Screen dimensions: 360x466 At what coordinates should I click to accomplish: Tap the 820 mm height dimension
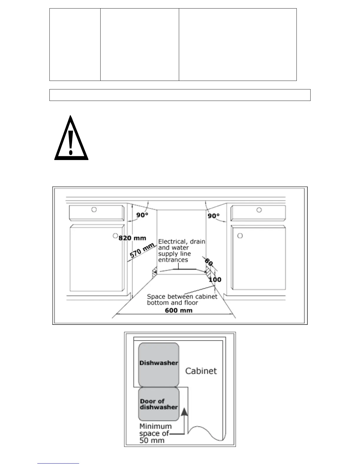tap(132, 238)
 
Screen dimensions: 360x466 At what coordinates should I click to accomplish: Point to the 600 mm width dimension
tap(179, 310)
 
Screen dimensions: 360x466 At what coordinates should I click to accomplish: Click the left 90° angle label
tap(142, 215)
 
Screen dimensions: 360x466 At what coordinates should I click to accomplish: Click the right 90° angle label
tap(214, 216)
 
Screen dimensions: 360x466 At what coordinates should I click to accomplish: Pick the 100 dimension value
tap(215, 279)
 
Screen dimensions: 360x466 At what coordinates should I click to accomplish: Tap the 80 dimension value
tap(209, 262)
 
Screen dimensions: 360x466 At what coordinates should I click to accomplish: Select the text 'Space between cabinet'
tap(182, 297)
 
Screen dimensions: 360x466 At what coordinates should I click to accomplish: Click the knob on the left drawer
tap(94, 210)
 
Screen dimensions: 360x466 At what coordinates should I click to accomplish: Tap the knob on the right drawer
tap(259, 210)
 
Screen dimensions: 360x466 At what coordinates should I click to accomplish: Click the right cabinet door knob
tap(240, 236)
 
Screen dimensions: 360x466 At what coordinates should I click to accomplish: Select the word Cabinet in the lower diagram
tap(201, 371)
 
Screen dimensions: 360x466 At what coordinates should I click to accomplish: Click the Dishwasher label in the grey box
tap(159, 363)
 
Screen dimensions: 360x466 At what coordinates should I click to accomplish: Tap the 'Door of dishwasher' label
tap(159, 404)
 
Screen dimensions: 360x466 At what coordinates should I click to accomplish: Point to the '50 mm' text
tap(152, 440)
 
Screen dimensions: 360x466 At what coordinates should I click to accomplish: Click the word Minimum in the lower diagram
tap(156, 426)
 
